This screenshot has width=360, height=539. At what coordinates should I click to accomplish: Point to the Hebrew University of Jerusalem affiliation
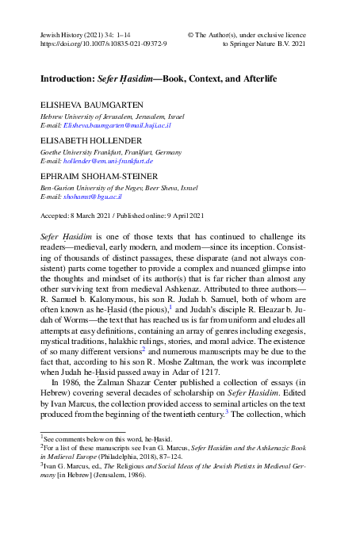[113, 116]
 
